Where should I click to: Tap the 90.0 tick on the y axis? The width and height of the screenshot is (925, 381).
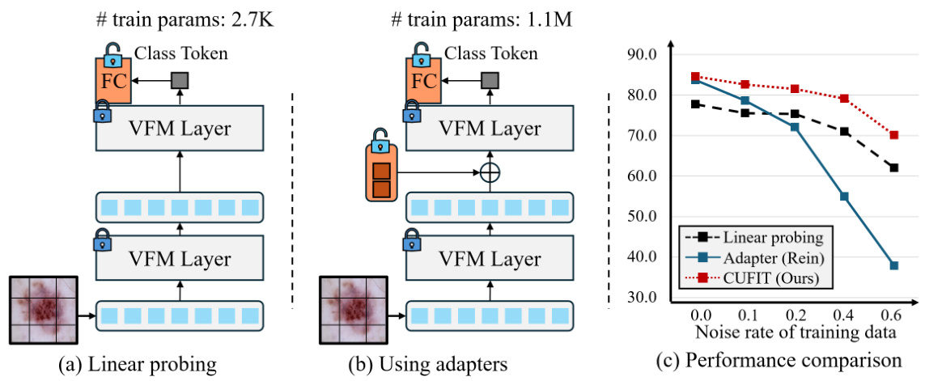pyautogui.click(x=643, y=55)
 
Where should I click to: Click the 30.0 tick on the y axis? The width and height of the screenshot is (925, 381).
pyautogui.click(x=643, y=298)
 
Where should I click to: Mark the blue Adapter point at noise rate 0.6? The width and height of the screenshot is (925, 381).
pyautogui.click(x=894, y=265)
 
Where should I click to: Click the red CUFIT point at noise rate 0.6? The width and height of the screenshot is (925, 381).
pyautogui.click(x=894, y=135)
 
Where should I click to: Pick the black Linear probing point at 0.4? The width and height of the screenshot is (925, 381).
pyautogui.click(x=844, y=131)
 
